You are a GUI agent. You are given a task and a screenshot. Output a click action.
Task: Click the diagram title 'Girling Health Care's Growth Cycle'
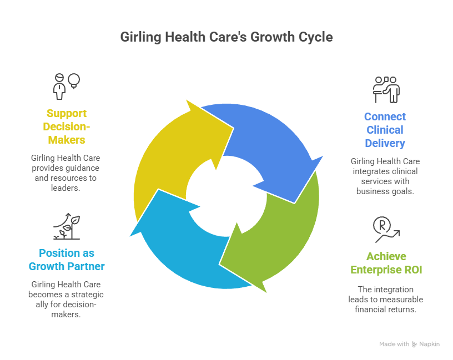[x=226, y=38]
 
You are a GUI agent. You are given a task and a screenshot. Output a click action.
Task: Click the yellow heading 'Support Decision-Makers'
[x=66, y=126]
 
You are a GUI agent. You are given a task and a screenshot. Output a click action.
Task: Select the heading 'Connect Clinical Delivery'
[x=385, y=130]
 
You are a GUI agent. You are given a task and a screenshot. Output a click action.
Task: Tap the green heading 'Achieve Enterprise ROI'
[x=386, y=263]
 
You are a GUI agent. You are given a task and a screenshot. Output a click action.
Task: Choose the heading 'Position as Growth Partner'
[x=67, y=260]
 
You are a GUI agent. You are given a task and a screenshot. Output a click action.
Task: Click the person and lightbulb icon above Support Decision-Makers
[x=66, y=84]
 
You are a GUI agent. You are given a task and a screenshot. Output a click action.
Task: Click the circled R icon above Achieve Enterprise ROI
[x=386, y=229]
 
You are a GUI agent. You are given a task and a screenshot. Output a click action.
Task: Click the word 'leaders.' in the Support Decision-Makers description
[x=66, y=187]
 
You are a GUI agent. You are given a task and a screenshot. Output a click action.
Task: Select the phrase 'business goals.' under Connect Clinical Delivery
[x=385, y=191]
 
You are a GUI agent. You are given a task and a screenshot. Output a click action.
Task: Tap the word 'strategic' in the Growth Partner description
[x=87, y=294]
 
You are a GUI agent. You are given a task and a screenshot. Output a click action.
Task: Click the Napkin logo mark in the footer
[x=415, y=344]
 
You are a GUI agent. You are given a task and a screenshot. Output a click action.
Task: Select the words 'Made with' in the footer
[x=394, y=344]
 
